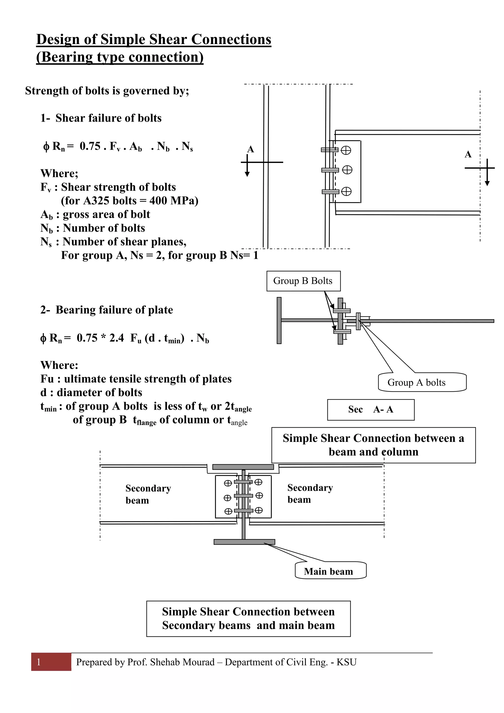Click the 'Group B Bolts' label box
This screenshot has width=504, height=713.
tap(303, 281)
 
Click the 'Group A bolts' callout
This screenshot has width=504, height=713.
tap(422, 382)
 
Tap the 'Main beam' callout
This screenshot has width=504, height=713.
tap(330, 572)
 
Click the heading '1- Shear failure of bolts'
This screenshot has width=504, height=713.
tap(101, 118)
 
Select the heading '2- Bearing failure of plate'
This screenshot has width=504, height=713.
tap(107, 310)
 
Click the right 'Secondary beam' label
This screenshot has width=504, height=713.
tap(310, 493)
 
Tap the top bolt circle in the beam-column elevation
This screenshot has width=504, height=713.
tap(346, 150)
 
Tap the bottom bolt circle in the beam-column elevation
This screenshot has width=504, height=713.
tap(346, 192)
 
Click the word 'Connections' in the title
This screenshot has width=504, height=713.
tap(231, 39)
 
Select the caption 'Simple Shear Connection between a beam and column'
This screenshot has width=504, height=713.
tap(373, 445)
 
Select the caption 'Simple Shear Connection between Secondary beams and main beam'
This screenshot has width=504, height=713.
tap(248, 618)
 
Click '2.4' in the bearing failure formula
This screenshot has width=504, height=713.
tap(116, 338)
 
